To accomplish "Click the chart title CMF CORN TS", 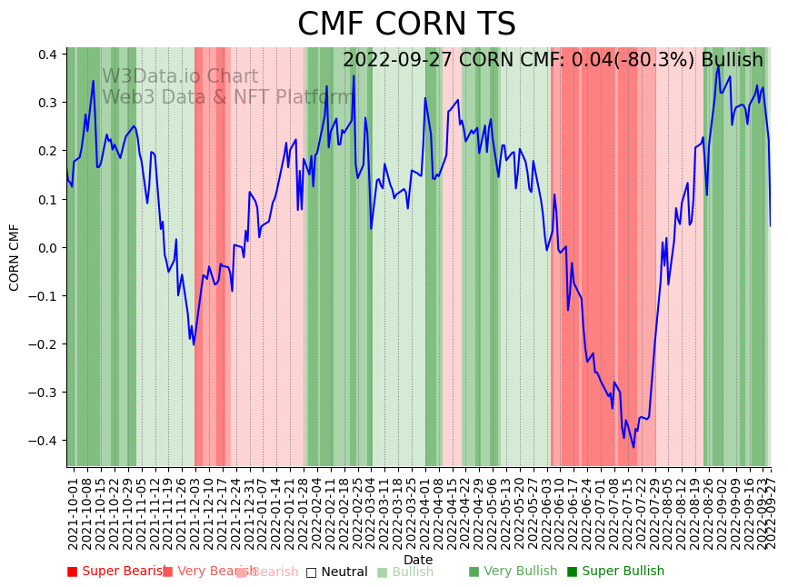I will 406,25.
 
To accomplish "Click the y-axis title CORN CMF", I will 15,257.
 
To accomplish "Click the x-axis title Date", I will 418,560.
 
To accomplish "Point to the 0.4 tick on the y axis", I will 48,55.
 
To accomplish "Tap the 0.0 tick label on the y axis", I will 48,247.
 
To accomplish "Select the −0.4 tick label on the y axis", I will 45,441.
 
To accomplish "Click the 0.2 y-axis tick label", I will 48,151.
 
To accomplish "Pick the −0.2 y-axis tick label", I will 45,344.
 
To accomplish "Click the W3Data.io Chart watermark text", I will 180,77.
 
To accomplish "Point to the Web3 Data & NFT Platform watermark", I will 227,97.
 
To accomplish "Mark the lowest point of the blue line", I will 633,447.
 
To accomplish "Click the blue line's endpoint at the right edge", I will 770,226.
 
